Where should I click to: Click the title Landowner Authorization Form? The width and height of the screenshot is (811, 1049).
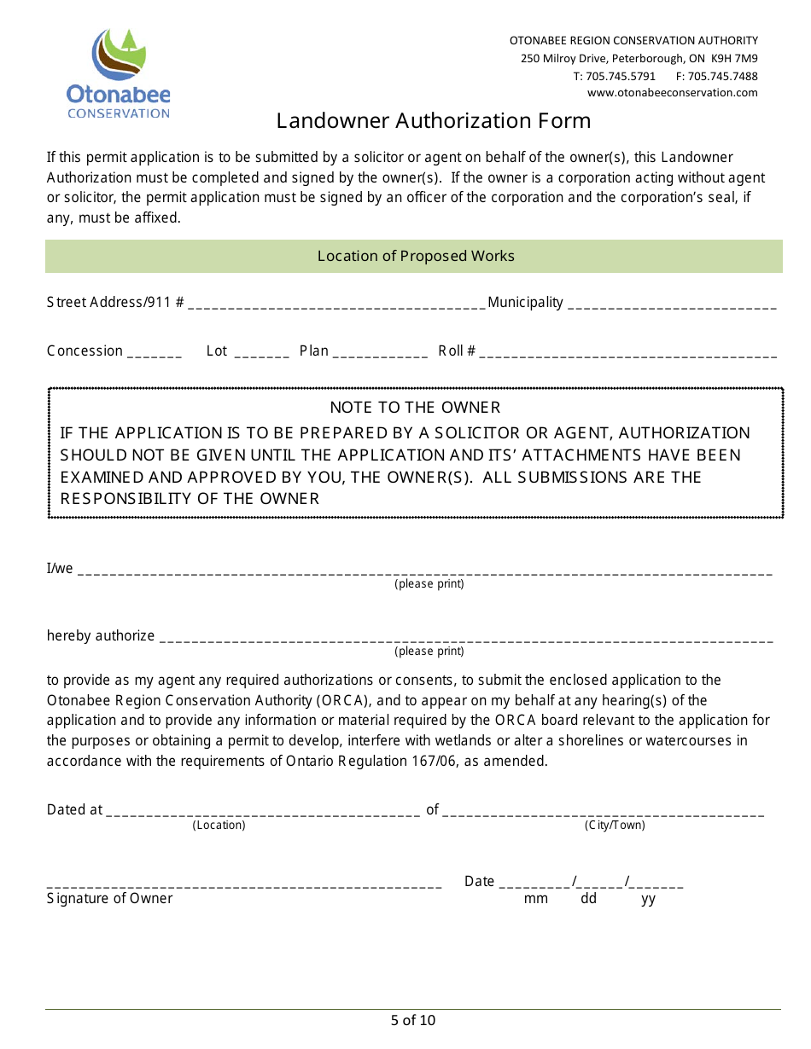click(x=433, y=121)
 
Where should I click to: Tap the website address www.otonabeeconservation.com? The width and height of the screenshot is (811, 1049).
click(x=672, y=93)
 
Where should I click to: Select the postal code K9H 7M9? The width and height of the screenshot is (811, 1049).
click(x=734, y=59)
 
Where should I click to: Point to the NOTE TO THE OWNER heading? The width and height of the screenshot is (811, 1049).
click(x=415, y=408)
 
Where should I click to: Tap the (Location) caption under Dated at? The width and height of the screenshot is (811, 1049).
click(x=219, y=825)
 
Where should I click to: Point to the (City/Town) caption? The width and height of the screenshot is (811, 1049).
click(x=615, y=825)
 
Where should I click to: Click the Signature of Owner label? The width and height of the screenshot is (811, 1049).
click(x=109, y=898)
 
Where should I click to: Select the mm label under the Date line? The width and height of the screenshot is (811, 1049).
click(x=535, y=899)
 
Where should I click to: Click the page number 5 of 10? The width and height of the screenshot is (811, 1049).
click(x=413, y=1020)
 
